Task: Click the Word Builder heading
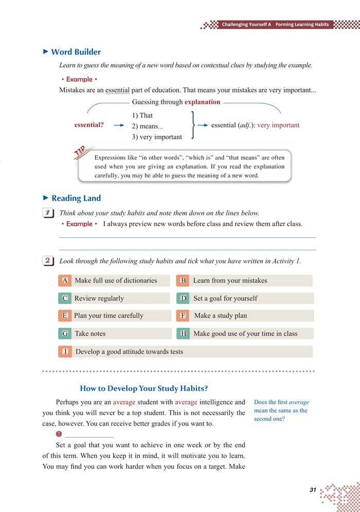pyautogui.click(x=76, y=52)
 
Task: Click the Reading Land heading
pyautogui.click(x=76, y=198)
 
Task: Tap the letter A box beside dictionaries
pyautogui.click(x=65, y=281)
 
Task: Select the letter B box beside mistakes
pyautogui.click(x=183, y=281)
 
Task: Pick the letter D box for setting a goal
pyautogui.click(x=183, y=298)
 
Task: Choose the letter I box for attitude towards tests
pyautogui.click(x=65, y=352)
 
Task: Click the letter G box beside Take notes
pyautogui.click(x=65, y=334)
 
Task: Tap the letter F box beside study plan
pyautogui.click(x=183, y=316)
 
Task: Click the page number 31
pyautogui.click(x=313, y=490)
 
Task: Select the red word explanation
pyautogui.click(x=202, y=102)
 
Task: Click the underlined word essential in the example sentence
pyautogui.click(x=117, y=90)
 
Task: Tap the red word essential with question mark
pyautogui.click(x=89, y=125)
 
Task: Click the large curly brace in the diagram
pyautogui.click(x=192, y=125)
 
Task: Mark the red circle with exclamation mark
pyautogui.click(x=59, y=434)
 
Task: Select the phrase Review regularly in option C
pyautogui.click(x=99, y=298)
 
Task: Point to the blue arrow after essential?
pyautogui.click(x=119, y=125)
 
